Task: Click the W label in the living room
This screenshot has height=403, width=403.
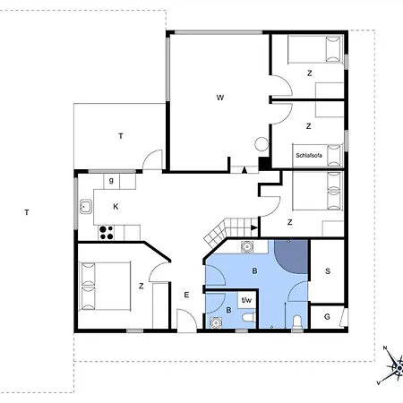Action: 220,98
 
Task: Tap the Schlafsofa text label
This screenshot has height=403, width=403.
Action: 309,155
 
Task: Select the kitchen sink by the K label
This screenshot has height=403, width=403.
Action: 86,207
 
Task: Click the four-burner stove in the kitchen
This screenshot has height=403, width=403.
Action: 107,233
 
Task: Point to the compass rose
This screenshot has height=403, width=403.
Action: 393,365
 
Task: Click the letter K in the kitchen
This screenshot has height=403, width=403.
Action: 116,206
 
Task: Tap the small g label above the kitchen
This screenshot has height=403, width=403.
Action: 111,181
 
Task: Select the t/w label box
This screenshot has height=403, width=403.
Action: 246,300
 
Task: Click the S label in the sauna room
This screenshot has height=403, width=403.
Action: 328,271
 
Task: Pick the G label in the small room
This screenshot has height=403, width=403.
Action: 327,317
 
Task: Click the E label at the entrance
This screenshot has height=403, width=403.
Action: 186,295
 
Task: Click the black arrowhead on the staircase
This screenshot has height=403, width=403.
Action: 254,228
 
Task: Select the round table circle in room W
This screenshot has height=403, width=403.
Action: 262,144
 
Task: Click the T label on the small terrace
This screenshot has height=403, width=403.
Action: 121,136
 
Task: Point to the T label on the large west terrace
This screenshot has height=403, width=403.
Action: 27,212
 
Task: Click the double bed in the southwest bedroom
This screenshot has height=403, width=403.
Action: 105,286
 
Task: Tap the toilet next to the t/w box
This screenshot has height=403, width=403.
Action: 249,317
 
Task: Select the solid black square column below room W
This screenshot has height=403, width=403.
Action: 264,164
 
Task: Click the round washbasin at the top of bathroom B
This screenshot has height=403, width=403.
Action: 247,247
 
